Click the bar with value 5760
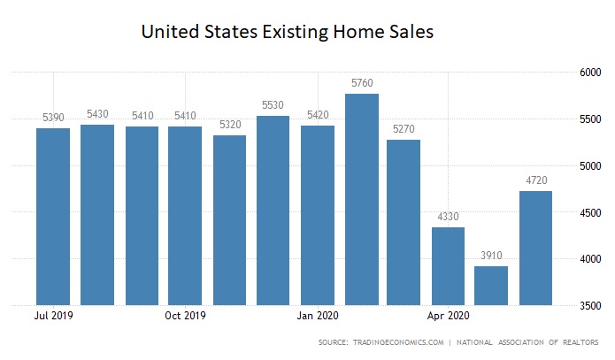pos(361,199)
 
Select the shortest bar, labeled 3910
pos(492,285)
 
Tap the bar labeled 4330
pos(448,265)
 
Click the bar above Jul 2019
pos(54,217)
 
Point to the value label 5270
pos(404,128)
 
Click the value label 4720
pos(535,180)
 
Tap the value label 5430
pos(97,113)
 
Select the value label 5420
pos(317,114)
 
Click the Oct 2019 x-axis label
pos(186,314)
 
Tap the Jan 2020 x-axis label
pos(317,314)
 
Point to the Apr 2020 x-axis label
pos(448,314)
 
